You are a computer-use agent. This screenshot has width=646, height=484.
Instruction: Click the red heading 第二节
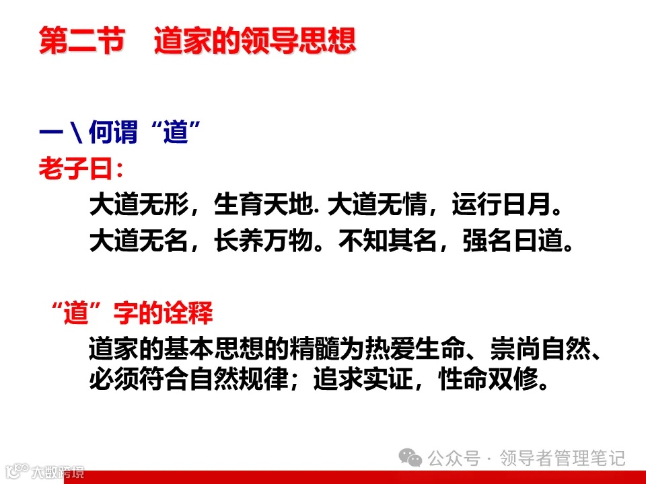81,41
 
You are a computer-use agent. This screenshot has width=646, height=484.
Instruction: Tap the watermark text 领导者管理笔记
562,458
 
